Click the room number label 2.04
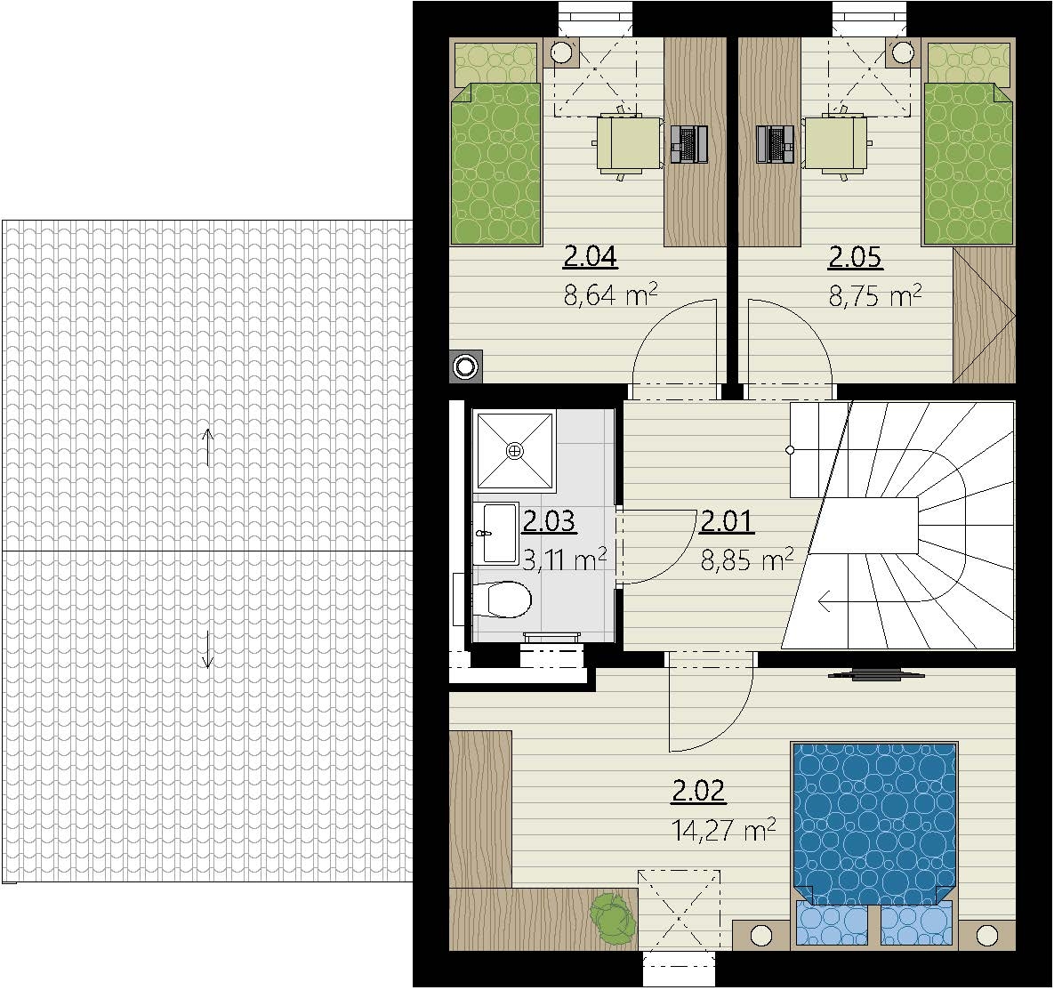pos(591,257)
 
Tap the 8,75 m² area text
pos(874,294)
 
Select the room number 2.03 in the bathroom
pos(549,521)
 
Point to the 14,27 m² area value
pos(724,829)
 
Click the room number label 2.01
pos(727,521)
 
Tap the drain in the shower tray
pos(515,450)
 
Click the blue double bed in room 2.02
pos(873,825)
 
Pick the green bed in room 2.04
pos(496,142)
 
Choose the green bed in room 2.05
pos(968,142)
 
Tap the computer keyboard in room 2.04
pos(688,144)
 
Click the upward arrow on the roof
pos(208,447)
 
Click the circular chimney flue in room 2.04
pos(464,366)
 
